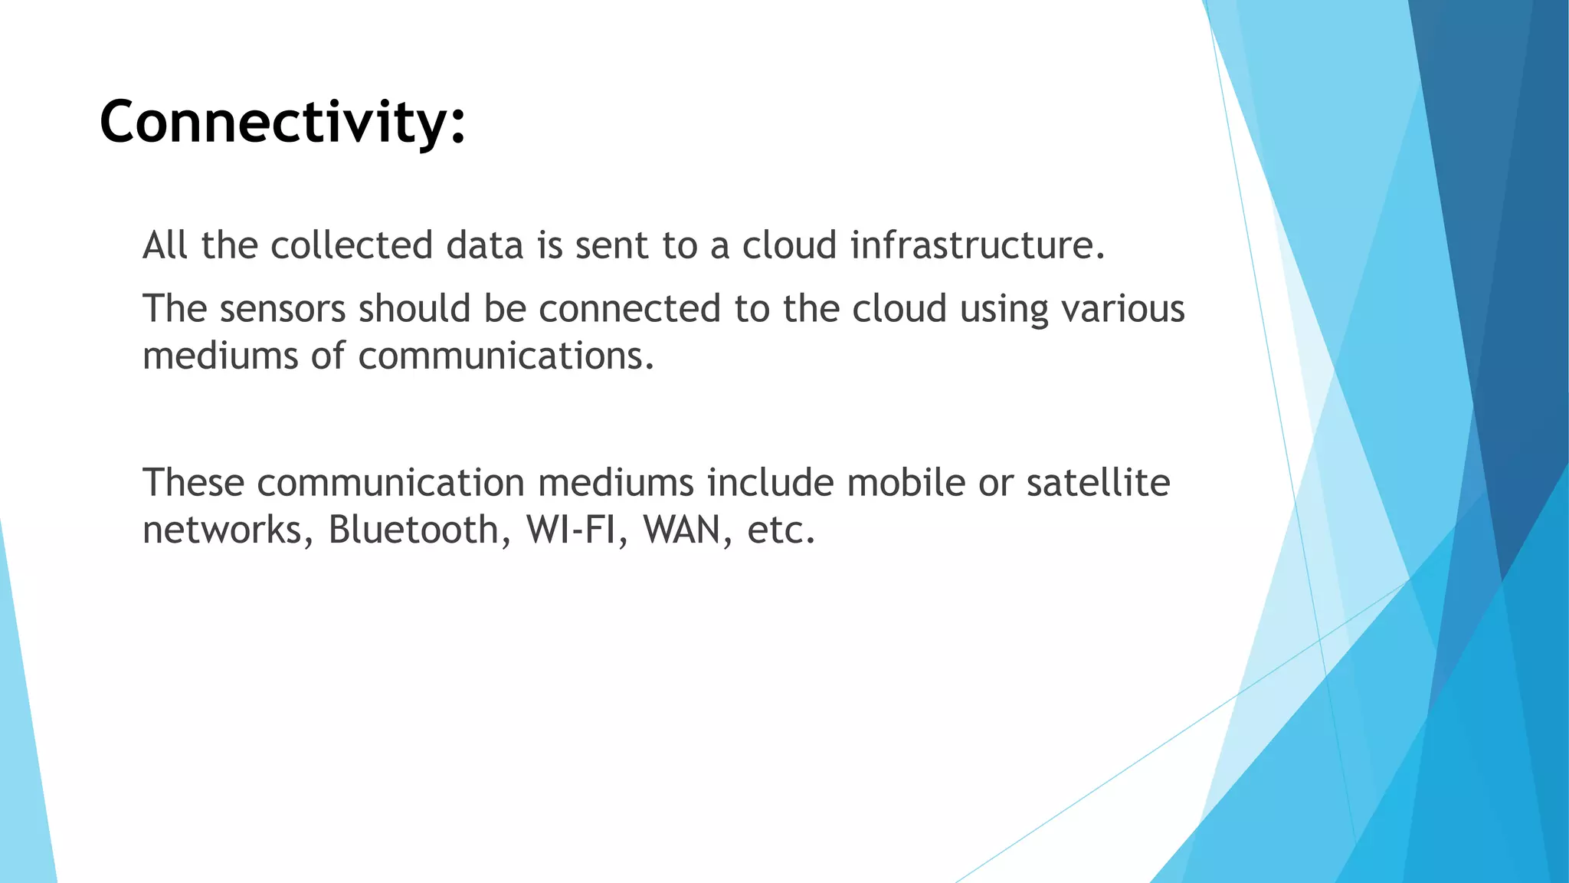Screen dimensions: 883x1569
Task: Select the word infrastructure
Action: click(978, 245)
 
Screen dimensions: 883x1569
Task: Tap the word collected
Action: click(352, 245)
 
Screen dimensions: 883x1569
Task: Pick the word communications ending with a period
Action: click(506, 356)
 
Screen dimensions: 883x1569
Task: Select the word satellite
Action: click(1098, 483)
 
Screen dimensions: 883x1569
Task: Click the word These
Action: click(193, 483)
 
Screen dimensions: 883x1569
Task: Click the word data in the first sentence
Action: click(485, 245)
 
